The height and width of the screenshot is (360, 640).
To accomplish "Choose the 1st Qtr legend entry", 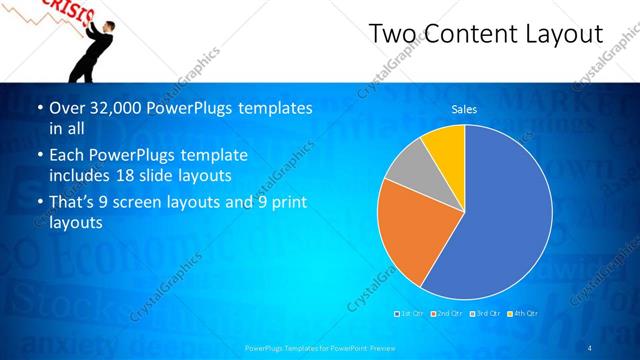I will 411,313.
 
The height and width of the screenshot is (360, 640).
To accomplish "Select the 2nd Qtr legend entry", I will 448,313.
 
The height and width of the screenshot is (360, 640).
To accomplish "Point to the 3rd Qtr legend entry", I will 485,313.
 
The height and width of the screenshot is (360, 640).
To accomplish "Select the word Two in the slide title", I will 390,35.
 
